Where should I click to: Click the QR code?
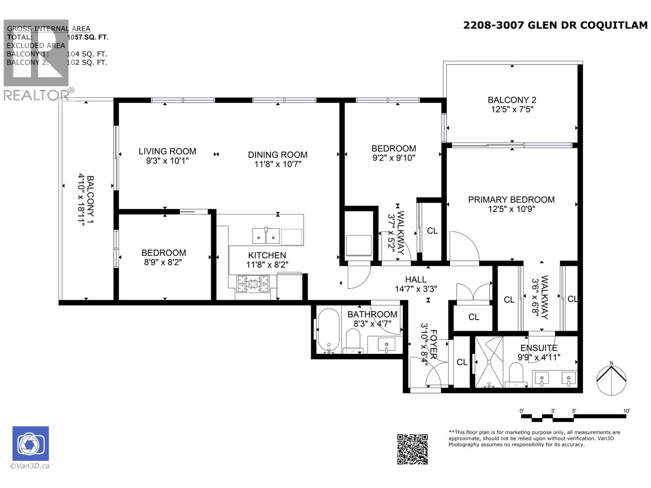point(412,449)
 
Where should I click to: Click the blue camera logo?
point(31,444)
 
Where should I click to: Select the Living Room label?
point(167,151)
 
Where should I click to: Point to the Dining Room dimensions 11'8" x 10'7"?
point(277,164)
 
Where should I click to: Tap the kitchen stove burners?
point(253,283)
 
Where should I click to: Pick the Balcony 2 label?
point(512,100)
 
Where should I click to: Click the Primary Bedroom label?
point(511,200)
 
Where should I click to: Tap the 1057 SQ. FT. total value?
point(87,37)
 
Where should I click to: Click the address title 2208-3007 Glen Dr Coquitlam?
point(555,25)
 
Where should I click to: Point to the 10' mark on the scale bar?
point(626,411)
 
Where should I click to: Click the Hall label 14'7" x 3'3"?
point(415,284)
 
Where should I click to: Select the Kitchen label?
point(267,255)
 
